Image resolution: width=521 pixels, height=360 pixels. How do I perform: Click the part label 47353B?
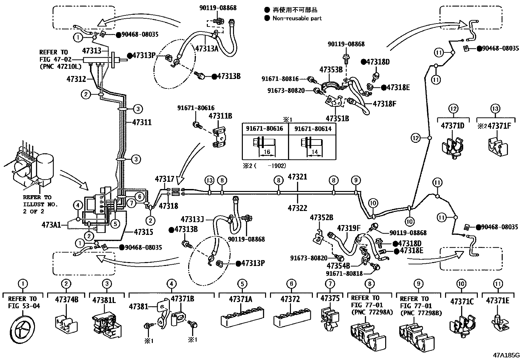[331, 70]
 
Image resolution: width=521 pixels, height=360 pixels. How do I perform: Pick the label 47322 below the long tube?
[297, 208]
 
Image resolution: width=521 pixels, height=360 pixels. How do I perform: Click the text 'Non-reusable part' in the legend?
[297, 18]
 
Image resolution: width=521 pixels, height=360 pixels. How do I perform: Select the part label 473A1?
[51, 225]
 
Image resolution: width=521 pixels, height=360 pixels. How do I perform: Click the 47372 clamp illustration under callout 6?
[291, 317]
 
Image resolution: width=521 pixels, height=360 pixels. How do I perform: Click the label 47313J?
[192, 219]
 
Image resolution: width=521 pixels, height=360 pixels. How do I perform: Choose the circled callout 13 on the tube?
[209, 180]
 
